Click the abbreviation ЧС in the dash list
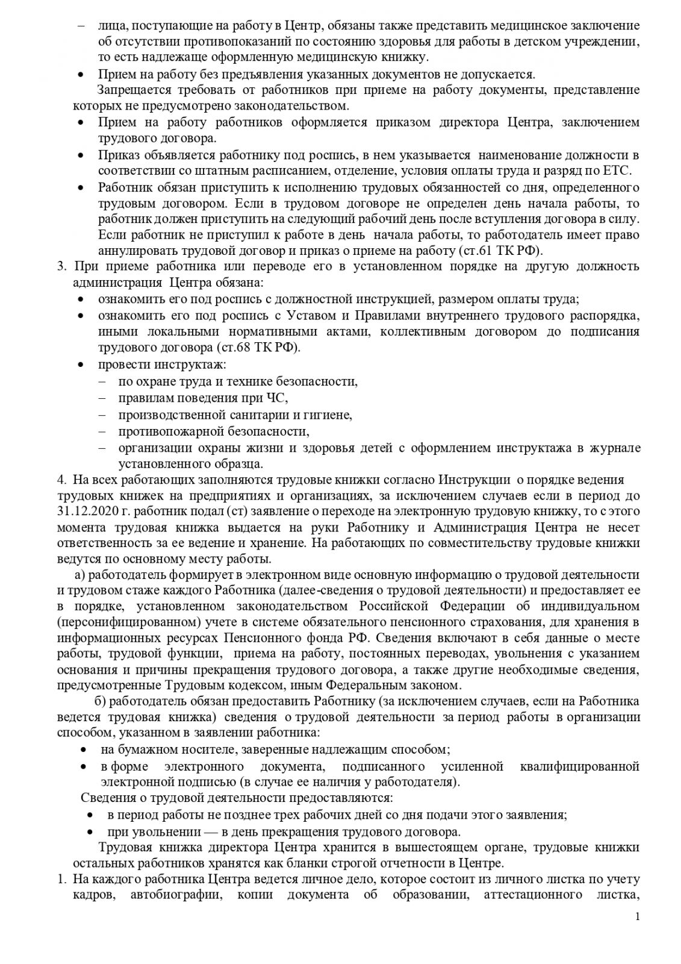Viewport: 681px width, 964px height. coord(276,398)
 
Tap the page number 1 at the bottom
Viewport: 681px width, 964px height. coord(637,934)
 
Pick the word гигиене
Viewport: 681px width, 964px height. coord(328,415)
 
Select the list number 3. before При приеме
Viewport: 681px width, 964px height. coord(61,266)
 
